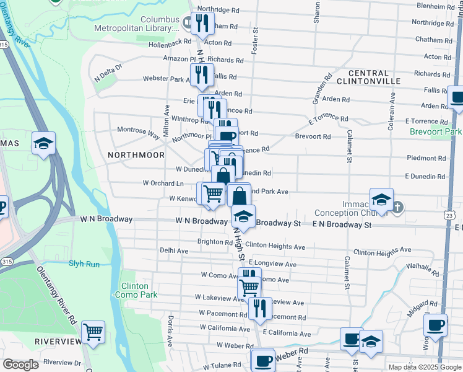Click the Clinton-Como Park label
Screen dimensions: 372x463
[x=132, y=290]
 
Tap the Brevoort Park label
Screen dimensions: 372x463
[x=435, y=132]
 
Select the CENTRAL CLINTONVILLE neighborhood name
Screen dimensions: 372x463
[x=363, y=77]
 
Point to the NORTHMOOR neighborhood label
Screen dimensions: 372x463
[x=136, y=155]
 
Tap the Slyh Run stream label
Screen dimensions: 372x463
[x=84, y=263]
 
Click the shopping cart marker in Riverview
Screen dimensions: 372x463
[x=93, y=332]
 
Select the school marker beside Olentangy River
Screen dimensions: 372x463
[x=44, y=144]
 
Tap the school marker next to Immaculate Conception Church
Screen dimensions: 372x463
[x=381, y=199]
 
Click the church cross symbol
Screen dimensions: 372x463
[x=399, y=206]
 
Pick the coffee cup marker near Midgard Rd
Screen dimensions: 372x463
[x=435, y=324]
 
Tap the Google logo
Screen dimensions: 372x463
[x=20, y=365]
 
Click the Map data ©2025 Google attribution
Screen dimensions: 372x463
[x=425, y=367]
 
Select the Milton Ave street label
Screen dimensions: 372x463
[x=166, y=118]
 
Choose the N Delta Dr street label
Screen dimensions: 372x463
[x=108, y=73]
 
